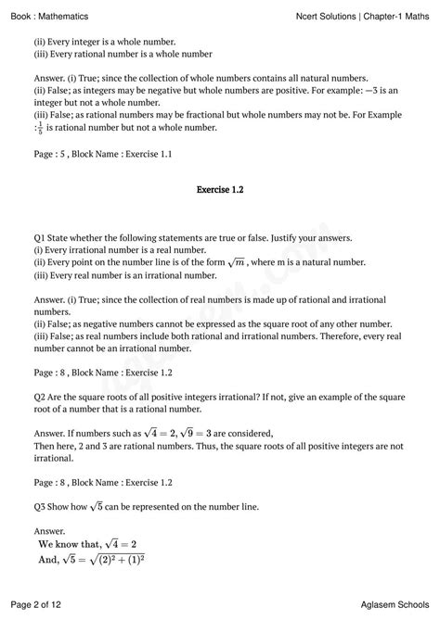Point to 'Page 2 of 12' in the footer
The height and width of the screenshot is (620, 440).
40,604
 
